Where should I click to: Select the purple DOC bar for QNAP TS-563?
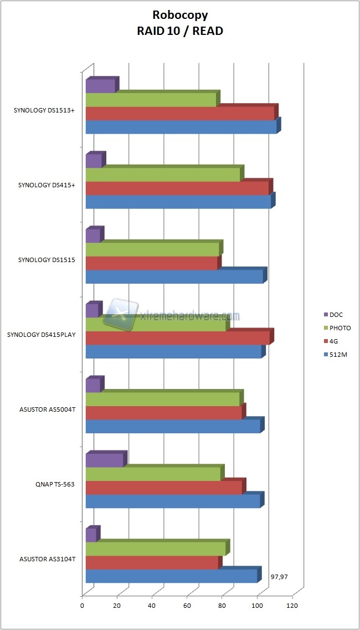tap(105, 460)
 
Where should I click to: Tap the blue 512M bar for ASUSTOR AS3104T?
tap(172, 576)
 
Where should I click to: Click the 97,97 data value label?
tap(279, 577)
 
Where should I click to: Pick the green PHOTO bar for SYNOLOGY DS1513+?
tap(151, 100)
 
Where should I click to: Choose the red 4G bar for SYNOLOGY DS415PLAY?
tap(178, 338)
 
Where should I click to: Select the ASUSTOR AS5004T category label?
tap(47, 409)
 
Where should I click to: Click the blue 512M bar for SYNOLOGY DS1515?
tap(174, 277)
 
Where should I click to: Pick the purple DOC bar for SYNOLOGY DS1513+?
tap(100, 86)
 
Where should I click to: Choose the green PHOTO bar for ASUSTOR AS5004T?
tap(163, 399)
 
